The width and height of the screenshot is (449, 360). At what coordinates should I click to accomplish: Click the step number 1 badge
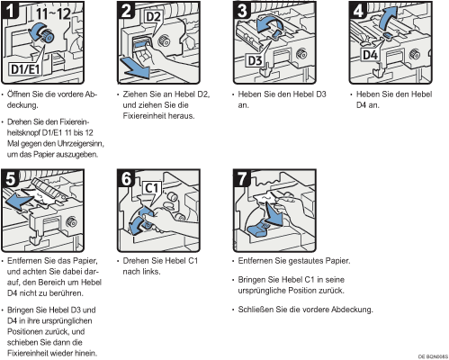(10, 10)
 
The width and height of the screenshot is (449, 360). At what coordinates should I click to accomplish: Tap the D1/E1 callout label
(25, 68)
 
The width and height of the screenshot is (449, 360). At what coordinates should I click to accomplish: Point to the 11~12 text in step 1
(54, 13)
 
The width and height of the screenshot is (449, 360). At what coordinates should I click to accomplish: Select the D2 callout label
(153, 17)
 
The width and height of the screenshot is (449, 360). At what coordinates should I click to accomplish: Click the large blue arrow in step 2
(135, 68)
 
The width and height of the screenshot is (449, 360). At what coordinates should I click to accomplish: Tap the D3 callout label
(255, 61)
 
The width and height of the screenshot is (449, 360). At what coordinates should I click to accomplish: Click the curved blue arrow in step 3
(268, 25)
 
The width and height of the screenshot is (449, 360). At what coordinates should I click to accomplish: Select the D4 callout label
(371, 55)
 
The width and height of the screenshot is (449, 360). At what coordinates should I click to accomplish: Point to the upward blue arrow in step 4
(389, 18)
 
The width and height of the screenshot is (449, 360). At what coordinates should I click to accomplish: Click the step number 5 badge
(10, 178)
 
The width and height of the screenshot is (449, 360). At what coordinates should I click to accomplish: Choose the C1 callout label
(152, 188)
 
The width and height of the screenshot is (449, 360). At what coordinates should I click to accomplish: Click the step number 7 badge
(242, 178)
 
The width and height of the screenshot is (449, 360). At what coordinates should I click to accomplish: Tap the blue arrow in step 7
(273, 214)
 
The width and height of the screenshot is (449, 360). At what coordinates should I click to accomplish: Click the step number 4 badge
(358, 10)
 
